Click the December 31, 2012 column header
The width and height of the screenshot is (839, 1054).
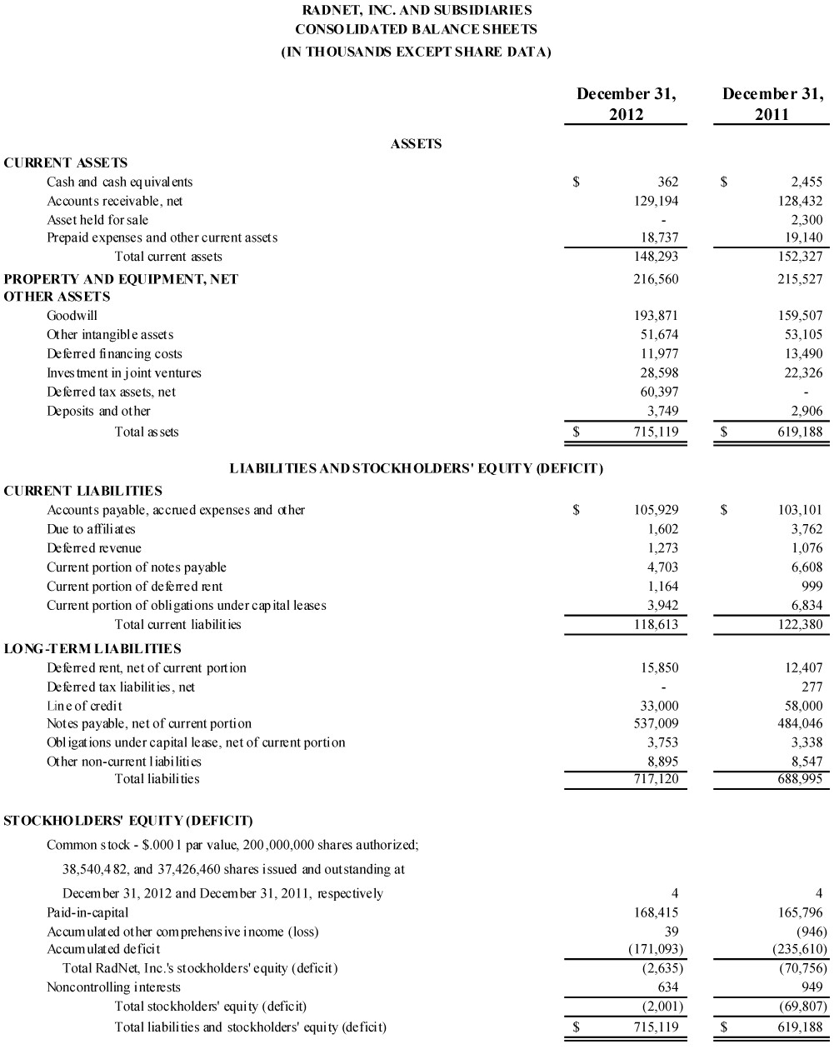click(x=626, y=104)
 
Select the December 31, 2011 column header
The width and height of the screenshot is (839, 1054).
click(x=772, y=104)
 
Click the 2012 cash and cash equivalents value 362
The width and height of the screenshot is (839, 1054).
click(x=667, y=182)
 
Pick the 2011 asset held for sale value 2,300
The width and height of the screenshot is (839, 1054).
click(x=806, y=220)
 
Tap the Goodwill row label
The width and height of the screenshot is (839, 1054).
click(x=72, y=316)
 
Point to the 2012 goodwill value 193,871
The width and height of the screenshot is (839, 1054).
click(x=657, y=316)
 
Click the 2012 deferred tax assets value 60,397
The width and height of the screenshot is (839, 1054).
click(x=659, y=392)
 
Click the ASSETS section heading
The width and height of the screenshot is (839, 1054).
click(x=416, y=144)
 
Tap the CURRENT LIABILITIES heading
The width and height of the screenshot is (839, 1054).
click(x=83, y=491)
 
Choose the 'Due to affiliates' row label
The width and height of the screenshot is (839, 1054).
click(x=91, y=529)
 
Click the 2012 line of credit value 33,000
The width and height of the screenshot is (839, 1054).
click(x=659, y=706)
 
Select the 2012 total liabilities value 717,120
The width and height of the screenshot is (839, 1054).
click(x=657, y=779)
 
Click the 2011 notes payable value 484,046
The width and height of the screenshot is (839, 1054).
click(x=801, y=723)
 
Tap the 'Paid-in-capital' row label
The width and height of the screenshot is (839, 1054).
click(x=87, y=912)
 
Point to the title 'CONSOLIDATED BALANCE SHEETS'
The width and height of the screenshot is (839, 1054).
click(x=416, y=29)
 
